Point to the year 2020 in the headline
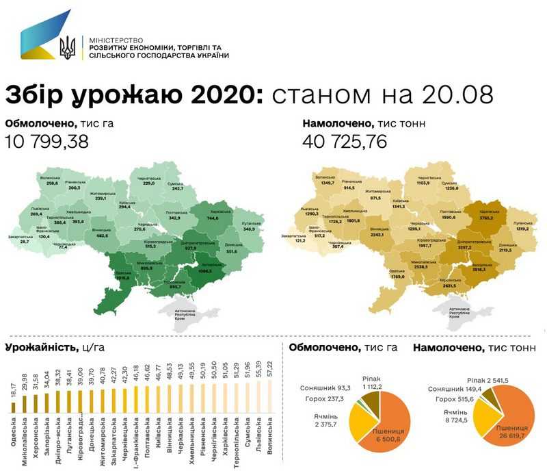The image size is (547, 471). [220, 94]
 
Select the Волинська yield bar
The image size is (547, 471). [271, 398]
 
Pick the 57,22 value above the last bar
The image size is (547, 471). [271, 369]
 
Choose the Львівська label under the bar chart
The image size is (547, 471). [258, 435]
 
